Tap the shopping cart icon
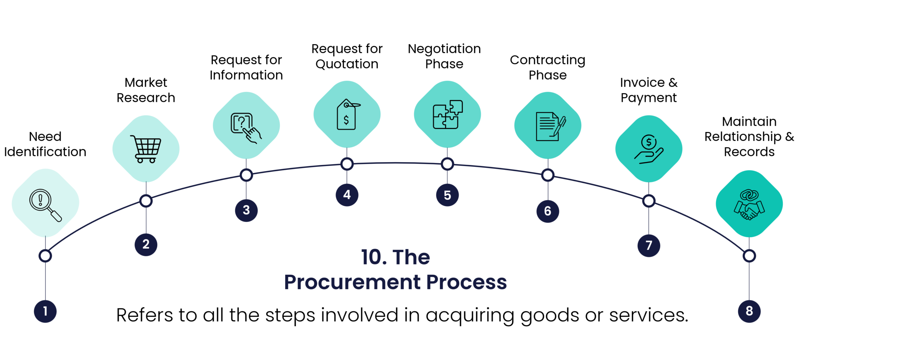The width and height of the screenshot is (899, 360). pos(146,149)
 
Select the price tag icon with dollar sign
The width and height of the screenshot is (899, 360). pos(347,114)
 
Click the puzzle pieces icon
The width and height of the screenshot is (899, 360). pos(447,114)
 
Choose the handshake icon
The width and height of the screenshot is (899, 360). pos(749,205)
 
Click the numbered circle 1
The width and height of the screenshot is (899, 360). pos(45,311)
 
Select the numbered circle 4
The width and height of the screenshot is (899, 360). pos(347,195)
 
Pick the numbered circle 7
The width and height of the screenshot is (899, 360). pos(649,245)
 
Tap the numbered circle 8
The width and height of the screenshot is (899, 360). pos(749,311)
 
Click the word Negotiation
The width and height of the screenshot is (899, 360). pos(444,49)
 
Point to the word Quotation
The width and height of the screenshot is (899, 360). pos(347,64)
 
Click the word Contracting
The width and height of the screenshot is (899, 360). pos(547,60)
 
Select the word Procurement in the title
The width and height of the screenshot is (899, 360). pos(352,282)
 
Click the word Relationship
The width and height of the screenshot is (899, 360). pos(743,137)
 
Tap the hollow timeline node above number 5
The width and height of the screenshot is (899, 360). pos(447,164)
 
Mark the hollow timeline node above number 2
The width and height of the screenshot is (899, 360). pos(146,201)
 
